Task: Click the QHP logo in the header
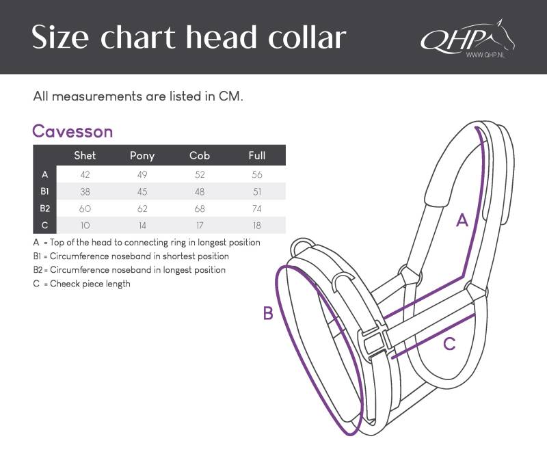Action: click(x=468, y=38)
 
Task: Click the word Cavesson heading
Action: click(x=72, y=131)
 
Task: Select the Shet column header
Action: click(x=85, y=155)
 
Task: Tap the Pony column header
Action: click(x=142, y=155)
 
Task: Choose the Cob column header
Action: click(x=200, y=155)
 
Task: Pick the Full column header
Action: click(x=257, y=155)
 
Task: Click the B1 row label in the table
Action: click(x=44, y=191)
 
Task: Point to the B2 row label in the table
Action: click(x=44, y=209)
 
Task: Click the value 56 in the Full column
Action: click(x=257, y=174)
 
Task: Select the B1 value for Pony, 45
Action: click(x=142, y=191)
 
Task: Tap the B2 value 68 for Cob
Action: click(x=200, y=209)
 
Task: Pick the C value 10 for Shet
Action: click(x=85, y=226)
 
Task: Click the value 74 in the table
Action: click(x=257, y=209)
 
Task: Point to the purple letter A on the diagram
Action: click(x=462, y=220)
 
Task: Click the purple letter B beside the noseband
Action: click(x=268, y=313)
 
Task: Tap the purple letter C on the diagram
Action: click(x=449, y=344)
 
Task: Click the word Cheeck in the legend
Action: click(x=64, y=284)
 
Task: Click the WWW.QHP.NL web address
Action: click(x=485, y=55)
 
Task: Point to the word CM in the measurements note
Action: click(x=230, y=96)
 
